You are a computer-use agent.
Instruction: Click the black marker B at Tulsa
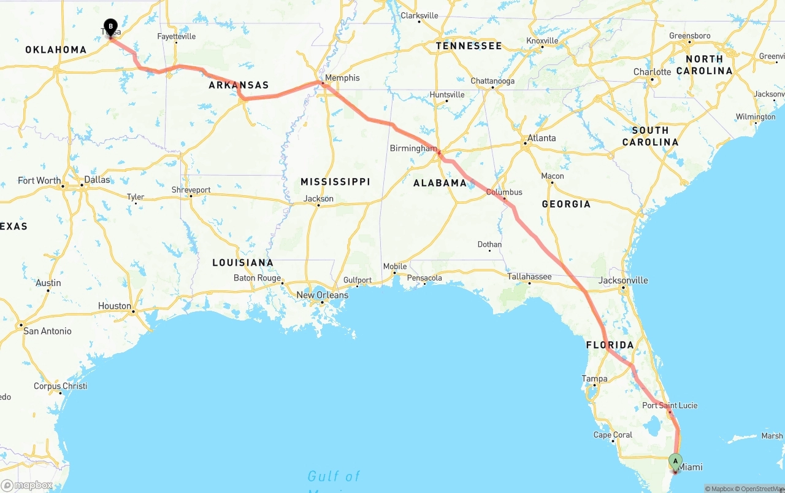point(110,27)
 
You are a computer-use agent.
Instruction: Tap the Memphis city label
point(342,78)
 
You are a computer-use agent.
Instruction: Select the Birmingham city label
point(413,149)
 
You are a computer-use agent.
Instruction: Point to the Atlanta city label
point(542,138)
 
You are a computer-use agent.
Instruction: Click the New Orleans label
point(322,295)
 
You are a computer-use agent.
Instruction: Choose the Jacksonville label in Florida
point(623,281)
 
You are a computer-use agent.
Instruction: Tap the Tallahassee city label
point(529,277)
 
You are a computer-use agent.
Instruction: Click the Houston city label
point(115,306)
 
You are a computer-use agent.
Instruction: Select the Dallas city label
point(98,180)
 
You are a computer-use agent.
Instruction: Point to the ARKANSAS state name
point(239,85)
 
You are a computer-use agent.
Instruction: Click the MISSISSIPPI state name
point(335,182)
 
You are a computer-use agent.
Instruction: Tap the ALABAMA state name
point(440,183)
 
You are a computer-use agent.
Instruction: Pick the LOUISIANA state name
point(243,263)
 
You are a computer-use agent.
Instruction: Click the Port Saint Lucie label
point(670,405)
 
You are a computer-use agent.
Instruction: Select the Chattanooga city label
point(492,81)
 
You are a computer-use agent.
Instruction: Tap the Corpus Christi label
point(60,386)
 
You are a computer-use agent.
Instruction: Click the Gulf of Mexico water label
point(334,477)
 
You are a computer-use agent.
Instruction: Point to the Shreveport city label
point(191,190)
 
